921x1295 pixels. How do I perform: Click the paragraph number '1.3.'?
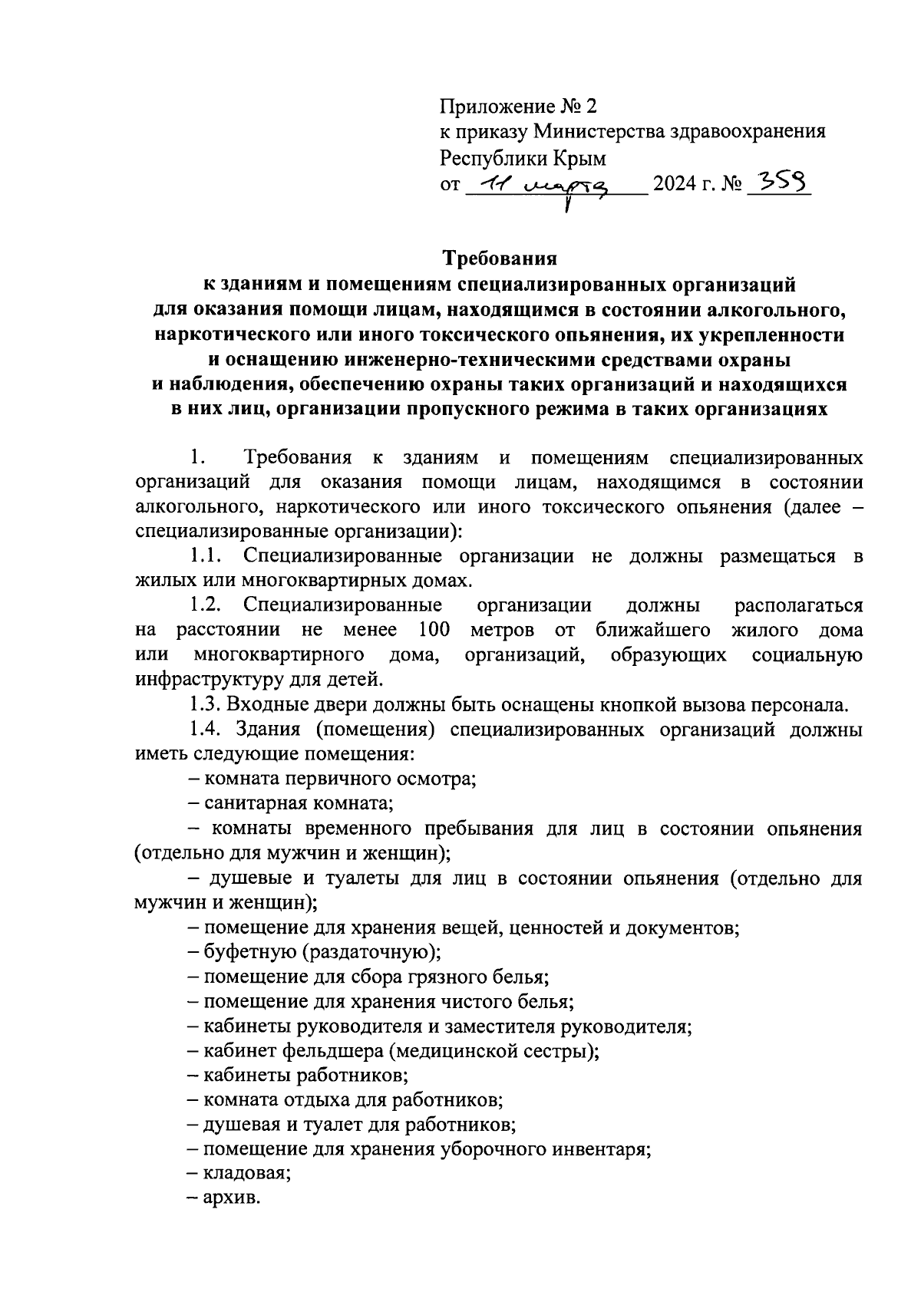(205, 704)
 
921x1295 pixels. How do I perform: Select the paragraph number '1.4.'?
(205, 729)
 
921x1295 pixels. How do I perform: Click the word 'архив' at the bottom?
(231, 1198)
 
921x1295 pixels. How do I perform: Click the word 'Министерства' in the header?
(588, 132)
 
